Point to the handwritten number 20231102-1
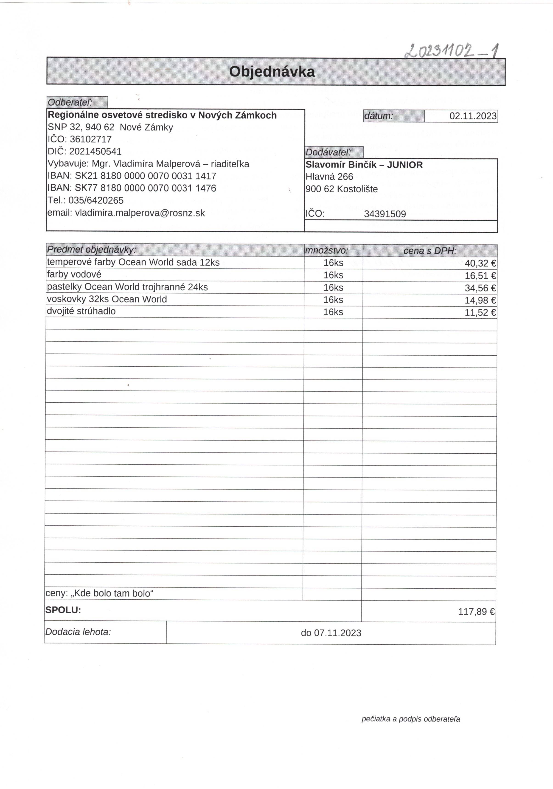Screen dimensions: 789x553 pyautogui.click(x=452, y=52)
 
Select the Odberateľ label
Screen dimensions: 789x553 pyautogui.click(x=70, y=102)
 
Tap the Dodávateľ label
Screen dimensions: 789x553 pyautogui.click(x=328, y=152)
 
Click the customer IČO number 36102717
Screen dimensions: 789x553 pyautogui.click(x=90, y=139)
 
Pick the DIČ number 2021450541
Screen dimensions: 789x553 pyautogui.click(x=95, y=152)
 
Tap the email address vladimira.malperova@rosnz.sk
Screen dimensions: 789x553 pyautogui.click(x=140, y=213)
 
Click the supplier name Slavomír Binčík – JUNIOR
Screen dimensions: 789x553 pyautogui.click(x=364, y=165)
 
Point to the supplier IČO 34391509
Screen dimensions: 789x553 pyautogui.click(x=385, y=214)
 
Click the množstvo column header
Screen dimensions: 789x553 pyautogui.click(x=326, y=250)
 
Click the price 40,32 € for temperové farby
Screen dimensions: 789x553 pyautogui.click(x=480, y=264)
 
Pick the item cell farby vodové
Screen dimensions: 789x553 pyautogui.click(x=74, y=275)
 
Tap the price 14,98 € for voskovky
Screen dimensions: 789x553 pyautogui.click(x=480, y=300)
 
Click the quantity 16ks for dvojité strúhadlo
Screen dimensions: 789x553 pyautogui.click(x=333, y=312)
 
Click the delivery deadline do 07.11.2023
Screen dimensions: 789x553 pyautogui.click(x=331, y=633)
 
